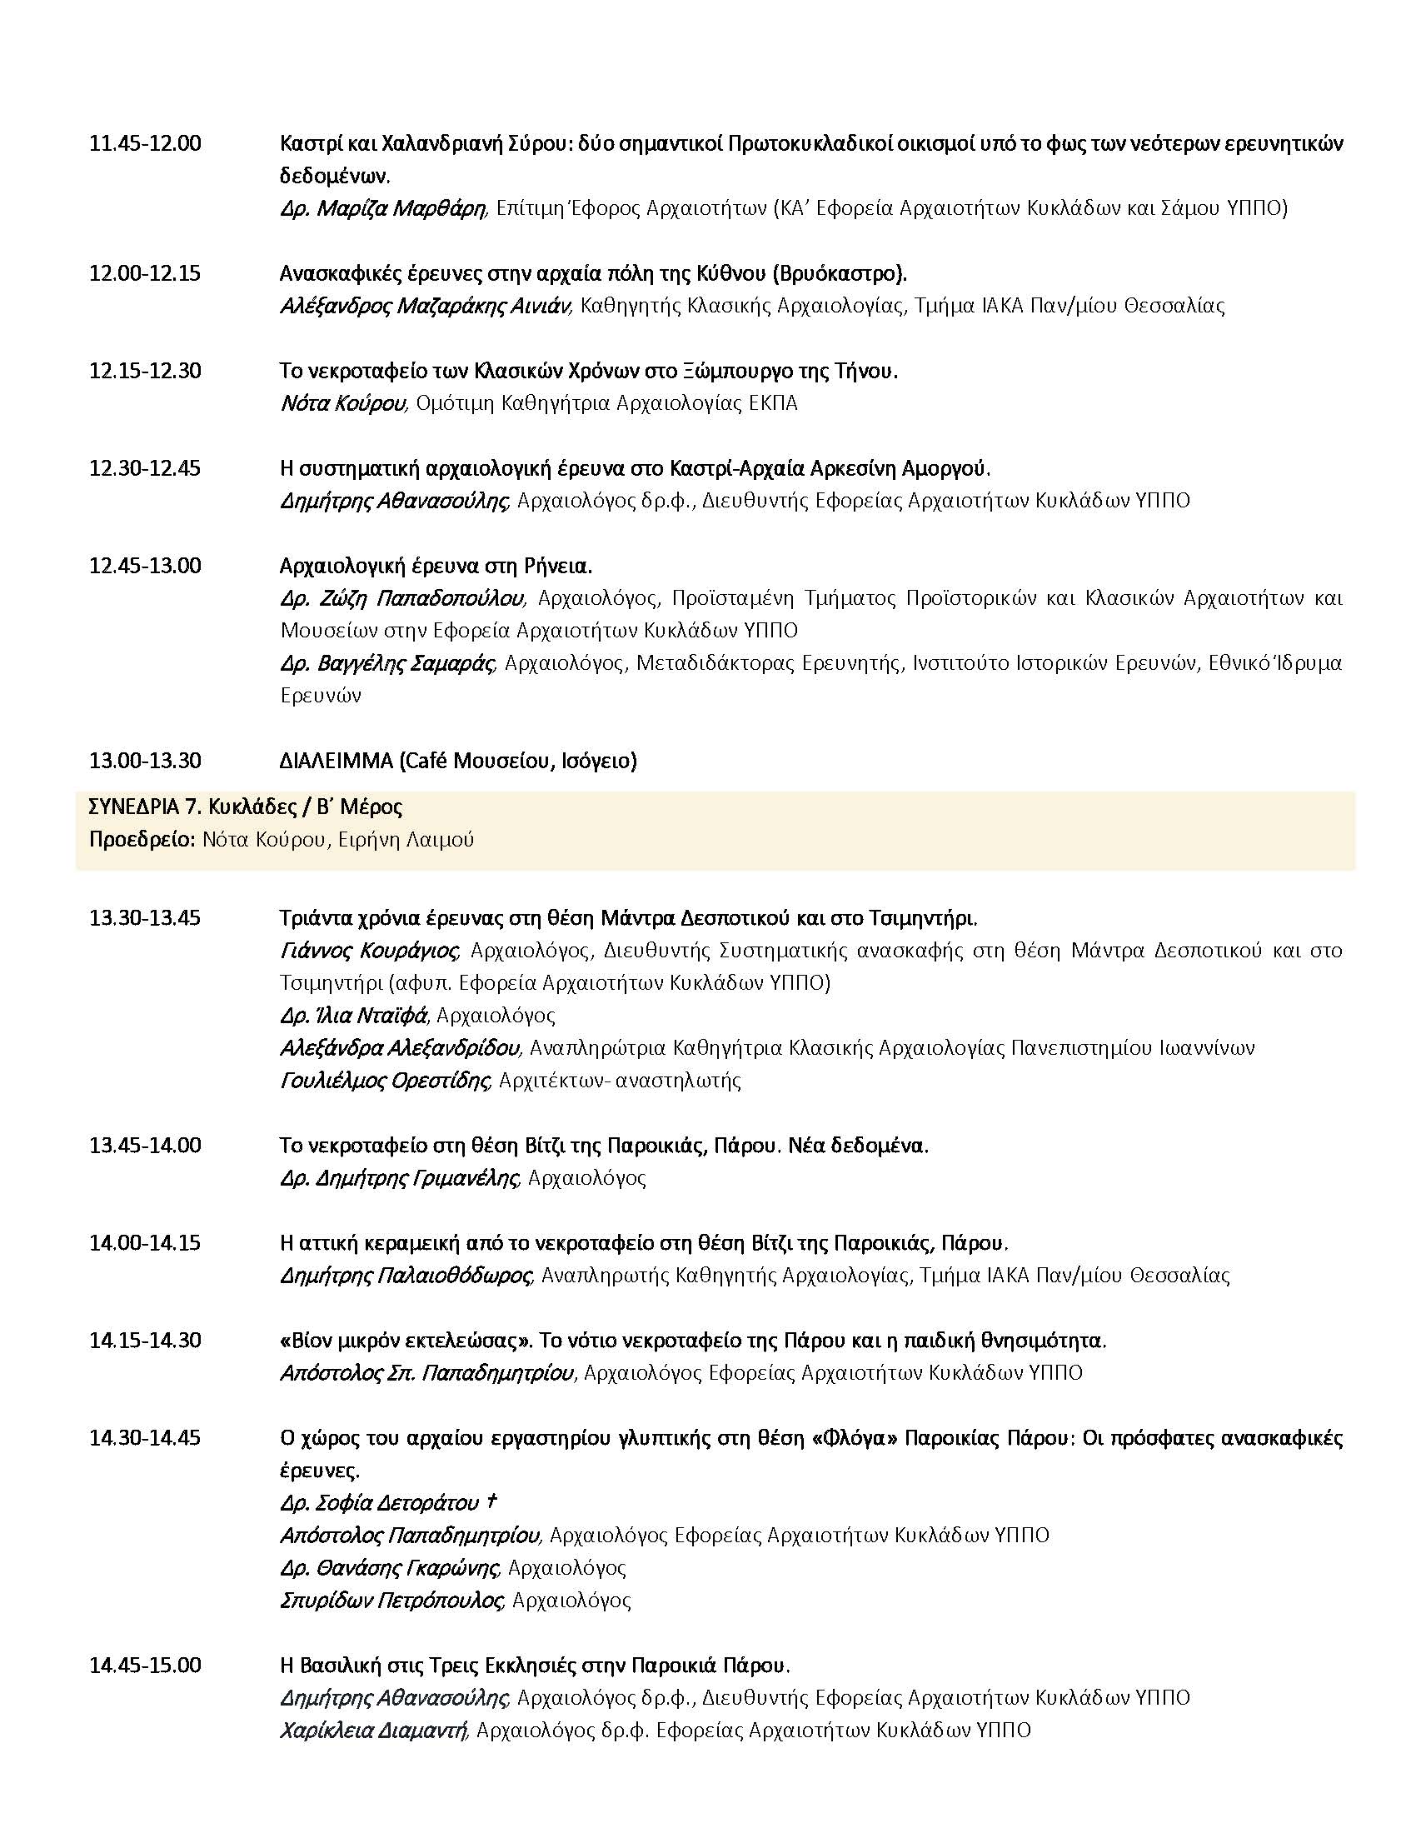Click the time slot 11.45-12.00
145,143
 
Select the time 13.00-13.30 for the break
145,761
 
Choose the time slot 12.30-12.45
145,468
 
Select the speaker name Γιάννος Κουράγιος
369,950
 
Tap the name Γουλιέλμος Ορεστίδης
383,1079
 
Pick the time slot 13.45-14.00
145,1145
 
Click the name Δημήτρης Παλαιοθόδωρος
405,1276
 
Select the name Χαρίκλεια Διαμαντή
372,1730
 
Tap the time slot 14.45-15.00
145,1665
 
